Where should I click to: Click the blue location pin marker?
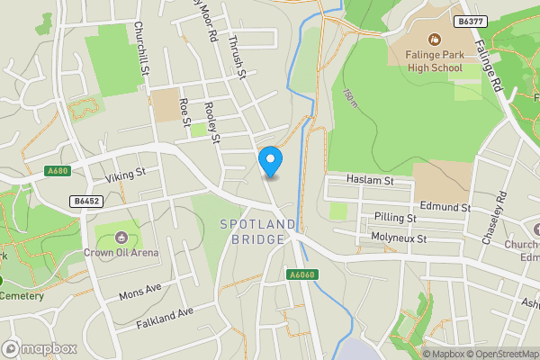(x=270, y=162)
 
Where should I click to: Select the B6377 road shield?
(x=466, y=20)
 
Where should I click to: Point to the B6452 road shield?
(x=86, y=202)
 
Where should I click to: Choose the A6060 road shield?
(x=301, y=274)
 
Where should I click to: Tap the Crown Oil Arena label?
(x=122, y=252)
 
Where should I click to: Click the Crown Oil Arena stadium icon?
(x=122, y=238)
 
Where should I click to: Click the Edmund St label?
(x=445, y=207)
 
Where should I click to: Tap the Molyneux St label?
(x=399, y=238)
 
